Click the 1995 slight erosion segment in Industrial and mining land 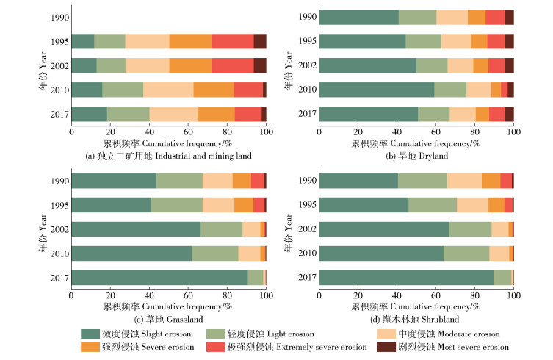[x=82, y=41]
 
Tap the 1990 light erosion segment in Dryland [x=416, y=18]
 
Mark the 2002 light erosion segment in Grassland [x=221, y=229]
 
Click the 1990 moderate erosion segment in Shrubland [x=464, y=181]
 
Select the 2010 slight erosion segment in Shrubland [x=381, y=253]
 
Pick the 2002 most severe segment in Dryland [x=509, y=65]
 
